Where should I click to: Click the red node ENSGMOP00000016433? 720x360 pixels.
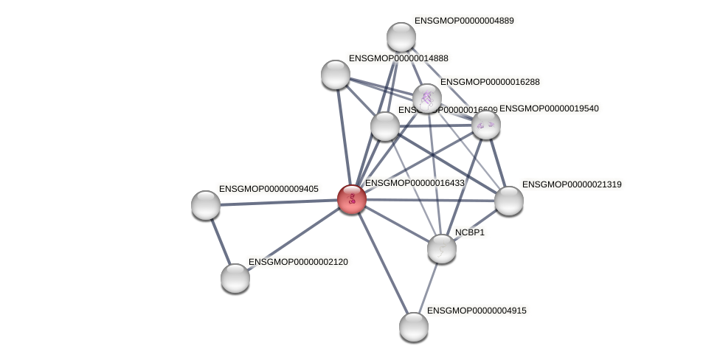point(352,199)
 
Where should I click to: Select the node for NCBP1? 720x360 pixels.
point(442,249)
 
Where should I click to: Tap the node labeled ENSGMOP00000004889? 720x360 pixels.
point(401,37)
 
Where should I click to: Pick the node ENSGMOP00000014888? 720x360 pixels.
point(336,75)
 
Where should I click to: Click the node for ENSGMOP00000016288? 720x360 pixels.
point(427,97)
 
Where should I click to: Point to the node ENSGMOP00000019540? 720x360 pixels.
point(486,125)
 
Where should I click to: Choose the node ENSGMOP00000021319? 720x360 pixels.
point(509,201)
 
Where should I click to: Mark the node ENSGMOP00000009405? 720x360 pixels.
point(206,205)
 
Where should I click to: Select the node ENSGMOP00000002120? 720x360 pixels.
point(235,278)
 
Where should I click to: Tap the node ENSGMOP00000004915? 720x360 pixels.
point(414,327)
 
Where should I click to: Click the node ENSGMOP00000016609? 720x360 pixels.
point(385,126)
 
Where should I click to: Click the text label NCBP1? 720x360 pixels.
point(470,232)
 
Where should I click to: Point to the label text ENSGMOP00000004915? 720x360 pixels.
point(477,311)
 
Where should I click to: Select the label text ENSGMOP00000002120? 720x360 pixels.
point(298,262)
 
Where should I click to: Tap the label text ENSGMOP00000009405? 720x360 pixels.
point(269,189)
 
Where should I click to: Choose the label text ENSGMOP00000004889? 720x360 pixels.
point(464,21)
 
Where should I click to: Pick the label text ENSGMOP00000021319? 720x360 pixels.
point(572,184)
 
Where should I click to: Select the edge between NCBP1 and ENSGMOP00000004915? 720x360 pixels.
point(428,288)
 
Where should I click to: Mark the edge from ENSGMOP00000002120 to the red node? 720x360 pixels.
point(294,239)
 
